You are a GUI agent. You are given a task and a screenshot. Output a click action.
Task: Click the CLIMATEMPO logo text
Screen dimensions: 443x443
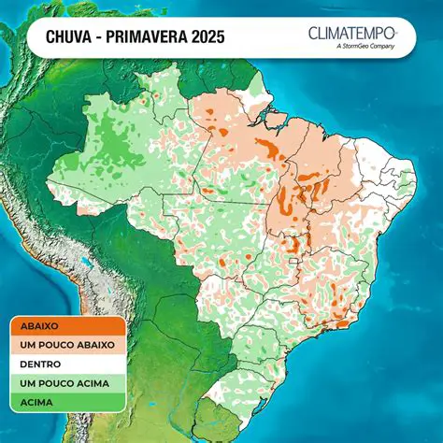click(x=351, y=34)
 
